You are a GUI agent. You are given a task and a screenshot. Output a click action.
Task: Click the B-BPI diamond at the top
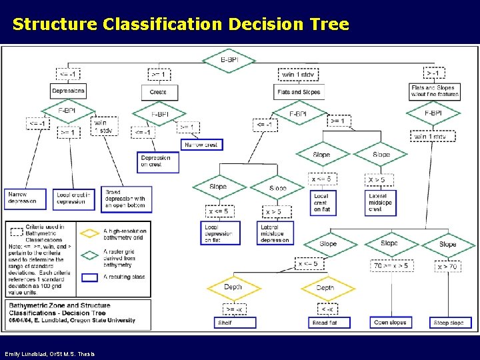pyautogui.click(x=237, y=59)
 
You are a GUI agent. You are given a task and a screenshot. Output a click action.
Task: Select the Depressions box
pyautogui.click(x=68, y=91)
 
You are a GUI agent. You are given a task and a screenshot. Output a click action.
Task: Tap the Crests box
pyautogui.click(x=159, y=91)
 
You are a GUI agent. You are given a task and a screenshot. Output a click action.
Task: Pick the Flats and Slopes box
pyautogui.click(x=298, y=92)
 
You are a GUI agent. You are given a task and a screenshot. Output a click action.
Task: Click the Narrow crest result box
pyautogui.click(x=200, y=144)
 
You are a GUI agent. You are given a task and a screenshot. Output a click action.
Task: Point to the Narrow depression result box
pyautogui.click(x=25, y=199)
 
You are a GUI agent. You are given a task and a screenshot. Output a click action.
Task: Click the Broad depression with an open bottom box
pyautogui.click(x=126, y=199)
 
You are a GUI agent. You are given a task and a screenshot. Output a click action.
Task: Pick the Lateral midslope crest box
pyautogui.click(x=382, y=203)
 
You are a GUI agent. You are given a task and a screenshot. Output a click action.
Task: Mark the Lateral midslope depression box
pyautogui.click(x=274, y=233)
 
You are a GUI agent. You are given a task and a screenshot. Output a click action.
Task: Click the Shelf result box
pyautogui.click(x=235, y=323)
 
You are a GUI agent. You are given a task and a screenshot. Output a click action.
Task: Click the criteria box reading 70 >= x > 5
pyautogui.click(x=391, y=266)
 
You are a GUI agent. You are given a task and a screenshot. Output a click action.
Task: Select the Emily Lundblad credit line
pyautogui.click(x=50, y=353)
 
